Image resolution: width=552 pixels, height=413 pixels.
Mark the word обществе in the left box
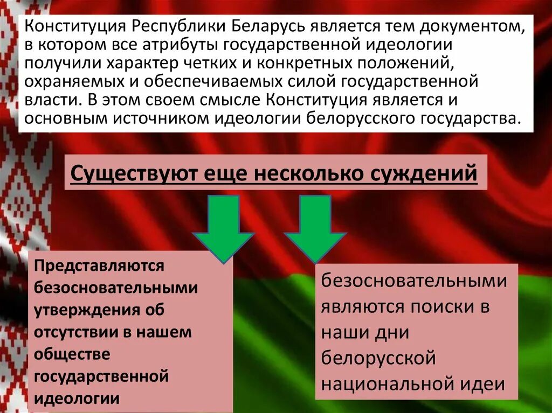click(x=72, y=354)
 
